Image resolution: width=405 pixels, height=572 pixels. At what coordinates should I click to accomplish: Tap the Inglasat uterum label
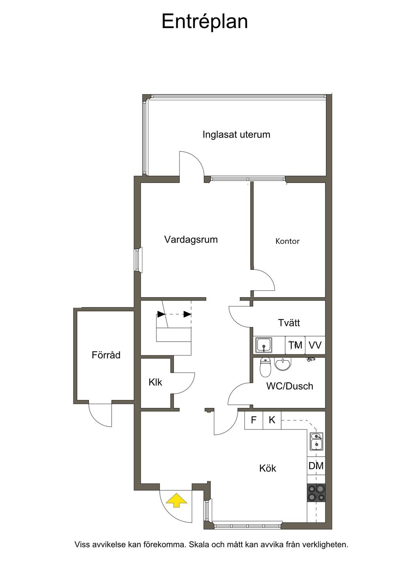coord(236,135)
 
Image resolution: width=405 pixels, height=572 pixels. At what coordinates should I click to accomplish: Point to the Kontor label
coord(288,241)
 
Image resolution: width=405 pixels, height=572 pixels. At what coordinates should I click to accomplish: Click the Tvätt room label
coord(289,323)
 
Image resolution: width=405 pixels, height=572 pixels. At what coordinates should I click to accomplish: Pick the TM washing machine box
coord(295,345)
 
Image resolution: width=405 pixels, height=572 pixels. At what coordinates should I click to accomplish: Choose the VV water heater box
coord(315,345)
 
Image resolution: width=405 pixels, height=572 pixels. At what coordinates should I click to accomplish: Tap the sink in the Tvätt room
coord(264,345)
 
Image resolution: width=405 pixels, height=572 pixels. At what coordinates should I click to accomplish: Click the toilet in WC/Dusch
coord(265,367)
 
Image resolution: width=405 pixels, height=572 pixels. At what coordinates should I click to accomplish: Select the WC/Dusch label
coord(290,386)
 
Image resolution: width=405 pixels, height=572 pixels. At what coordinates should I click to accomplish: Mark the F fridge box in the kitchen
coord(254,420)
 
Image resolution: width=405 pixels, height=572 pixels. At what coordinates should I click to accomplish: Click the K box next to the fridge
coord(272,420)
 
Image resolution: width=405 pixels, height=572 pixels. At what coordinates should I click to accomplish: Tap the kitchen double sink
coord(316,442)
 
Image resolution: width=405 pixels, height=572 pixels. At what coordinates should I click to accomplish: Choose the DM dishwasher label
coord(316,466)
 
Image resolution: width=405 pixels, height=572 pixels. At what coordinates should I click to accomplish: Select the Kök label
coord(268,469)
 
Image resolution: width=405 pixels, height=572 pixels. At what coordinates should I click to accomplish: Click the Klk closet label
coord(155,382)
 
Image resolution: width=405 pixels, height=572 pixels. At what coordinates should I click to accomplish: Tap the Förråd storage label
coord(106,355)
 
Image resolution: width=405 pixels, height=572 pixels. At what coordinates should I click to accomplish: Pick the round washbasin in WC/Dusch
coord(283,364)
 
